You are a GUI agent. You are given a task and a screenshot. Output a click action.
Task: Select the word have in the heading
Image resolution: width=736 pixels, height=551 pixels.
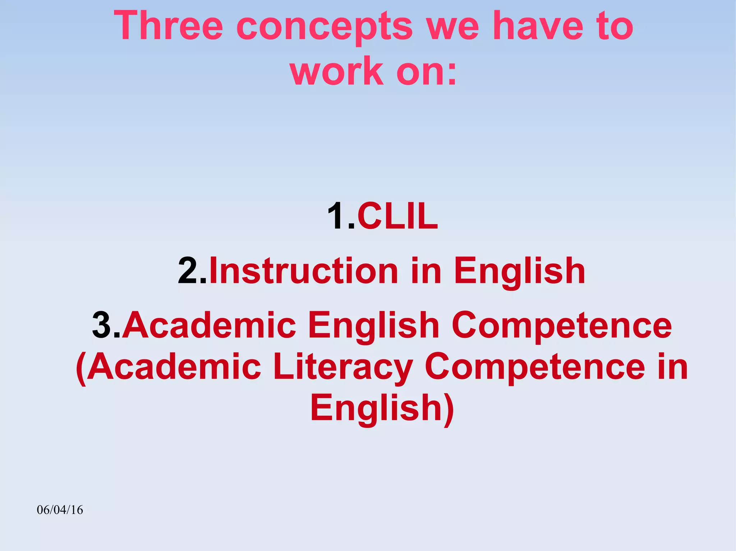(x=538, y=26)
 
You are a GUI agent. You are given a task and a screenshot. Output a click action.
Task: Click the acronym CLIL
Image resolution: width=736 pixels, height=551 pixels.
(x=397, y=216)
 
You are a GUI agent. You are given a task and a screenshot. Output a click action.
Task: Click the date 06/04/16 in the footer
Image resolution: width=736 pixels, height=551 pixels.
(x=60, y=510)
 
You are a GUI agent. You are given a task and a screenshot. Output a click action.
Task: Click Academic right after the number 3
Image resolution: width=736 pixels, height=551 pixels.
(x=209, y=325)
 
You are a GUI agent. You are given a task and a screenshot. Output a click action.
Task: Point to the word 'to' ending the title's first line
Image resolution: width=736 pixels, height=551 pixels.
(x=615, y=26)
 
